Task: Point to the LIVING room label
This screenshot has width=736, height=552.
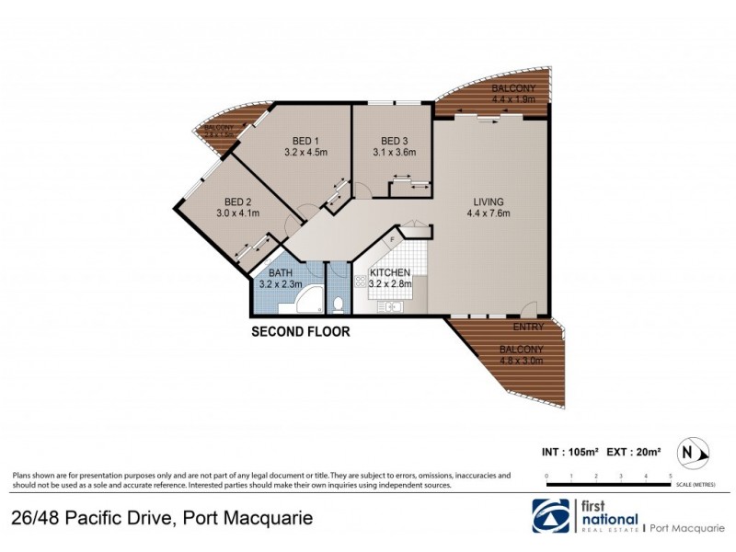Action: [488, 201]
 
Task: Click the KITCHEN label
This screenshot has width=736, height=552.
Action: [390, 273]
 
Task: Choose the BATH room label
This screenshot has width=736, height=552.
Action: [280, 273]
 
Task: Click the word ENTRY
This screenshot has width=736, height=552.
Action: [530, 327]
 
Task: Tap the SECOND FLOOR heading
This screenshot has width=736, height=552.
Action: [301, 332]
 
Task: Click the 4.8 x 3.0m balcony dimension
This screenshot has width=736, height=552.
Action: [522, 362]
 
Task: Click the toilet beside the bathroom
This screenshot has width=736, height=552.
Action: [339, 304]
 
